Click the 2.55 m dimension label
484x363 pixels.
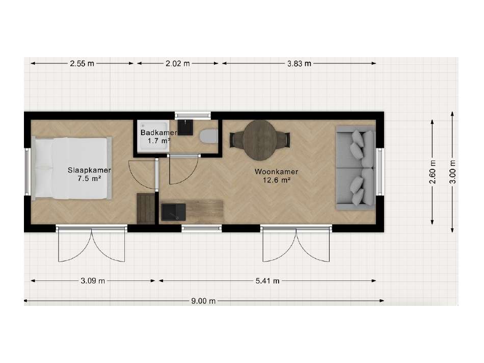tap(82, 64)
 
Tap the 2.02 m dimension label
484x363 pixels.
tap(177, 64)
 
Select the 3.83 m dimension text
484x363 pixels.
tap(299, 64)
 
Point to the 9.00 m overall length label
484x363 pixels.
tap(203, 301)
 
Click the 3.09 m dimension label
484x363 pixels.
tap(93, 281)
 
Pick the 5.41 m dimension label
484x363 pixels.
tap(267, 281)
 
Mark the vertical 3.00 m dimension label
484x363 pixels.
tap(452, 172)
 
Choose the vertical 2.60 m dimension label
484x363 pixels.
tap(433, 172)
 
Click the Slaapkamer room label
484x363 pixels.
tap(89, 170)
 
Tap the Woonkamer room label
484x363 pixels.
tap(276, 172)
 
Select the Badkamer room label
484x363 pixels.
tap(158, 133)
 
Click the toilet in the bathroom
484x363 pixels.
tap(208, 137)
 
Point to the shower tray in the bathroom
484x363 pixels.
tap(153, 136)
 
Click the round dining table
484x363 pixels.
tap(259, 140)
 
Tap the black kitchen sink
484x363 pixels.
tap(173, 212)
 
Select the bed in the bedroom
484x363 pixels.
tap(72, 168)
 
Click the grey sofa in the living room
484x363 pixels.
tap(356, 168)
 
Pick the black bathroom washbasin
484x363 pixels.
tap(185, 127)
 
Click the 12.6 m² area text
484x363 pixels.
tap(276, 180)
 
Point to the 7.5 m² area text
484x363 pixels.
tap(90, 178)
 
